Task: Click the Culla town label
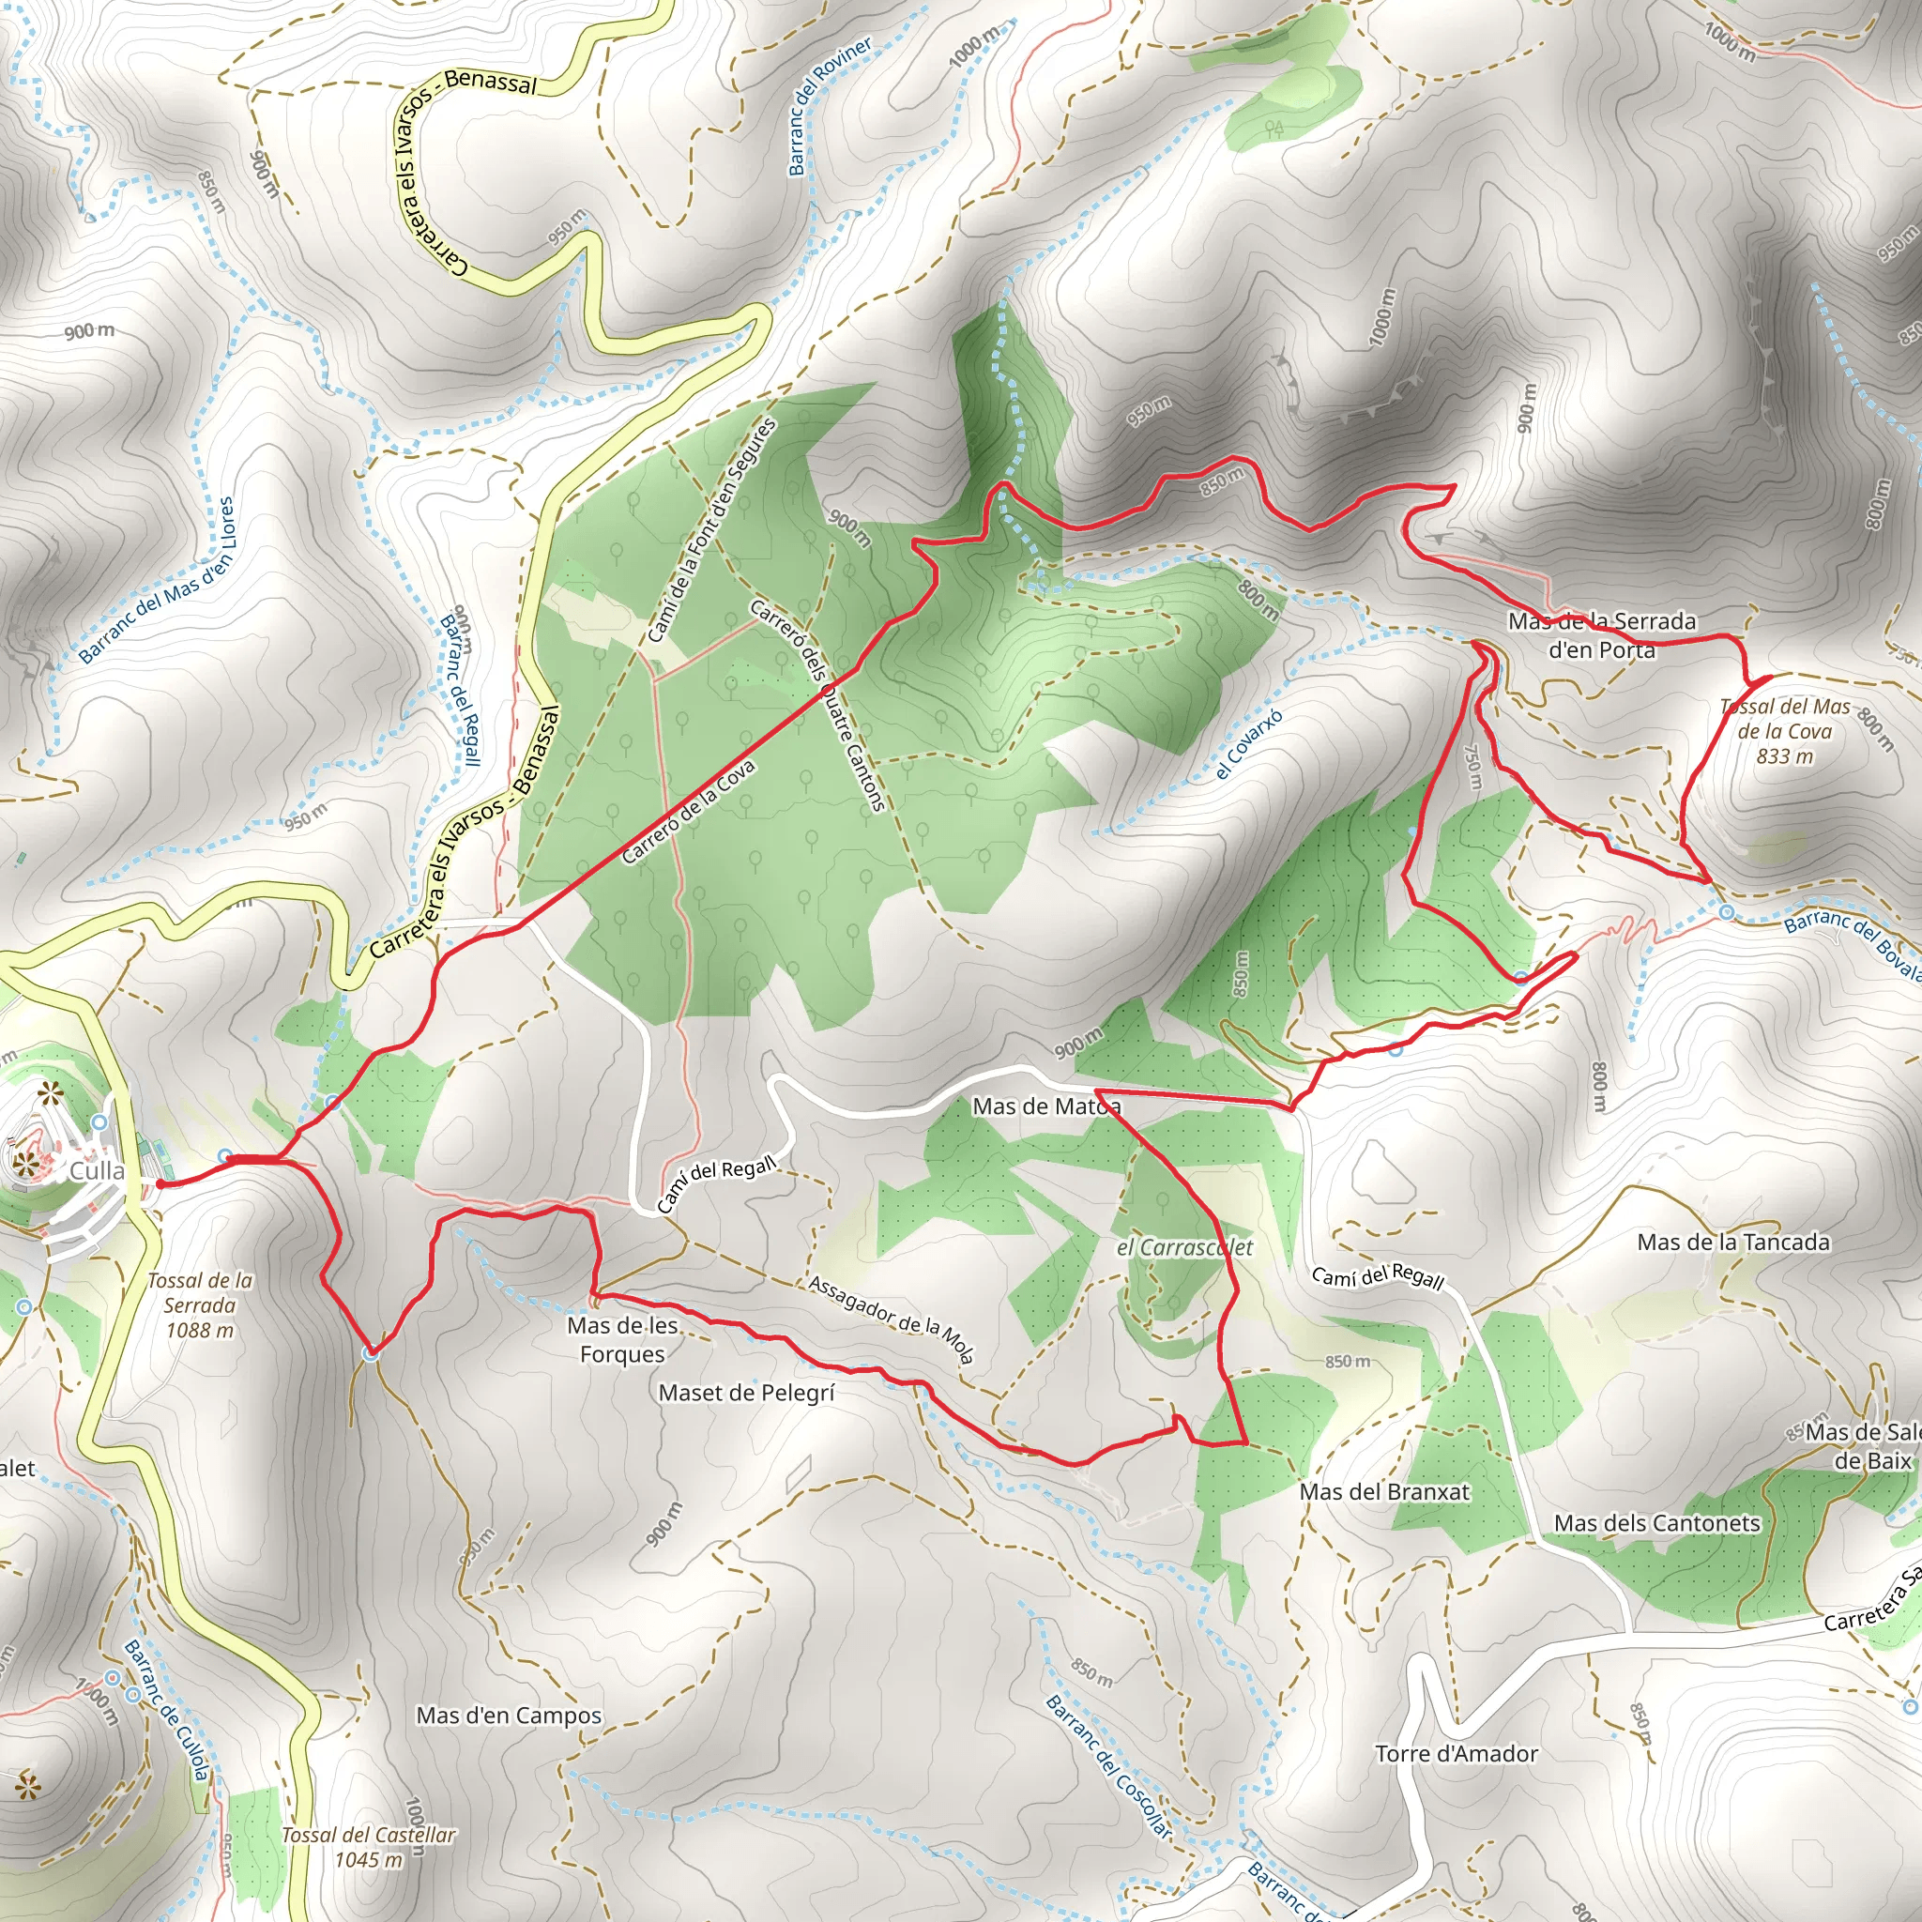(x=97, y=1170)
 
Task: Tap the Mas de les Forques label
(x=623, y=1339)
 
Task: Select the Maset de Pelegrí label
(x=746, y=1393)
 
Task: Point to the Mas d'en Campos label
(x=509, y=1716)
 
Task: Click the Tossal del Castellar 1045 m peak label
(x=368, y=1846)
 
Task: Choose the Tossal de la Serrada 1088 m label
(x=200, y=1305)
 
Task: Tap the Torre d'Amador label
(x=1457, y=1754)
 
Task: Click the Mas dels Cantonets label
(x=1656, y=1523)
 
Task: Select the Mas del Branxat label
(x=1384, y=1491)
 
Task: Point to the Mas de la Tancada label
(x=1733, y=1242)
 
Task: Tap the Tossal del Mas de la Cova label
(x=1785, y=731)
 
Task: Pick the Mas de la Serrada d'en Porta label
(x=1602, y=634)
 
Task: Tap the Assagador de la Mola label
(x=891, y=1319)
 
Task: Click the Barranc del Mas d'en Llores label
(x=157, y=580)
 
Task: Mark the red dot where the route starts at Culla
(x=160, y=1183)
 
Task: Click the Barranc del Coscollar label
(x=1108, y=1766)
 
